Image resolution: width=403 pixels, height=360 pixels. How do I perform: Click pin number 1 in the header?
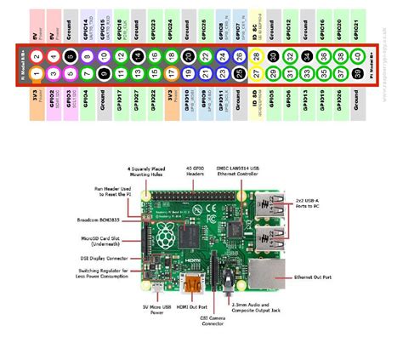37,73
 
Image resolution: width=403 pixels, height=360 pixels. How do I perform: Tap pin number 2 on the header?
37,56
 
